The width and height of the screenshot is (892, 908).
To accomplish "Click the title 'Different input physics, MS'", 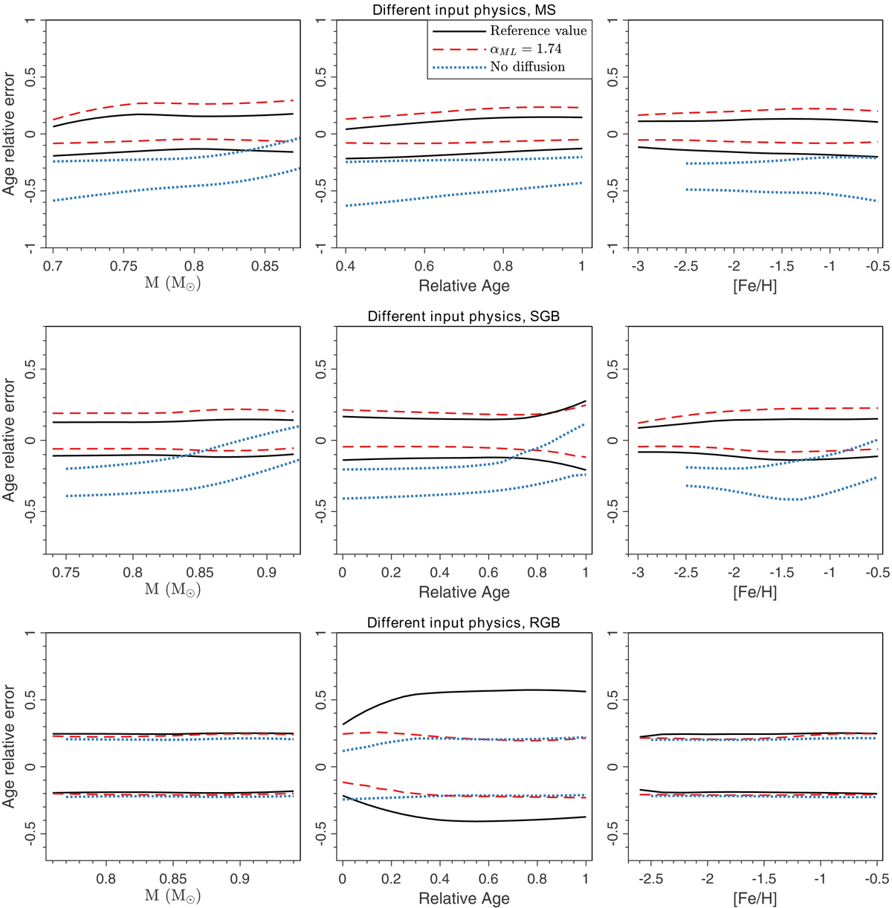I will pyautogui.click(x=464, y=10).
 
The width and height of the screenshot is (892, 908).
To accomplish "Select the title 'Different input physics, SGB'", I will pyautogui.click(x=464, y=317).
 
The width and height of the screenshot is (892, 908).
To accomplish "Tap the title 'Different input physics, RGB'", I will pyautogui.click(x=464, y=623).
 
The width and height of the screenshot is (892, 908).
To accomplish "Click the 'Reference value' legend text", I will pyautogui.click(x=538, y=30).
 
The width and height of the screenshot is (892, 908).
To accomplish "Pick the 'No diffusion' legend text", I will pyautogui.click(x=528, y=67).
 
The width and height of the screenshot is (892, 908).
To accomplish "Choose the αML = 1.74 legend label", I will pyautogui.click(x=526, y=49).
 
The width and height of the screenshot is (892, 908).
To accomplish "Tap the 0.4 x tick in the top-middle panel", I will pyautogui.click(x=345, y=266).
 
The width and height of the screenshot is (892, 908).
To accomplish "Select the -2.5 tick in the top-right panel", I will pyautogui.click(x=686, y=266).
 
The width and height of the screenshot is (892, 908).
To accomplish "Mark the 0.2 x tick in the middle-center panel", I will pyautogui.click(x=391, y=572).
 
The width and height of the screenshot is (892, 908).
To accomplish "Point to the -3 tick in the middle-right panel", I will pyautogui.click(x=638, y=572).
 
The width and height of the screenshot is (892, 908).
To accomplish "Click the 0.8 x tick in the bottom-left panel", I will pyautogui.click(x=106, y=878).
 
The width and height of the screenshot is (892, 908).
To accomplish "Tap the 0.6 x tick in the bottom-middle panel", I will pyautogui.click(x=488, y=878).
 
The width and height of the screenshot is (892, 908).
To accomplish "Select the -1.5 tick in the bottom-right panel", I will pyautogui.click(x=763, y=878).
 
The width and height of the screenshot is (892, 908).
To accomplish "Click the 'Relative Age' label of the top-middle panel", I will pyautogui.click(x=464, y=286).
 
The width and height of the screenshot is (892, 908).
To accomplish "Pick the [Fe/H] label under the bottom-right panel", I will pyautogui.click(x=754, y=898).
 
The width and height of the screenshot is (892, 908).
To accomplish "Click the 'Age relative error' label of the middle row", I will pyautogui.click(x=9, y=440).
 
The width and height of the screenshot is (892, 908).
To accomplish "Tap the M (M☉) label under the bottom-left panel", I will pyautogui.click(x=172, y=896).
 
